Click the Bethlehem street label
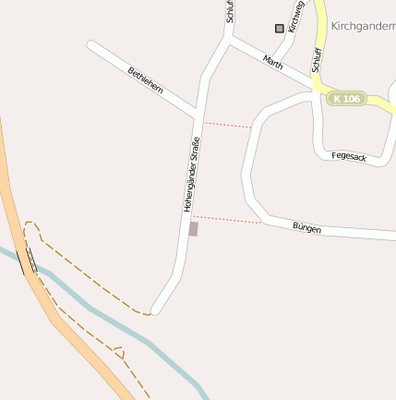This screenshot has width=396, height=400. point(146,80)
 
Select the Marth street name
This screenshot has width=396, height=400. point(273,63)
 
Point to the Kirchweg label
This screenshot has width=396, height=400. point(295,16)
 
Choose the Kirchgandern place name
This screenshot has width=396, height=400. point(363,27)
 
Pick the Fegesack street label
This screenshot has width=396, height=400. point(349,157)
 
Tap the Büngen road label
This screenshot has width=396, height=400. point(306,227)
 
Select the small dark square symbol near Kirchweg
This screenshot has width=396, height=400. point(280,29)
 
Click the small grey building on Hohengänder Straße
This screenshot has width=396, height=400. point(193,228)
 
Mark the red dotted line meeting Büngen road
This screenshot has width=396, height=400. point(227,220)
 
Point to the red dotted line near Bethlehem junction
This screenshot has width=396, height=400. point(227,124)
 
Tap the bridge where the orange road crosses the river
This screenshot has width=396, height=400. point(27,261)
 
